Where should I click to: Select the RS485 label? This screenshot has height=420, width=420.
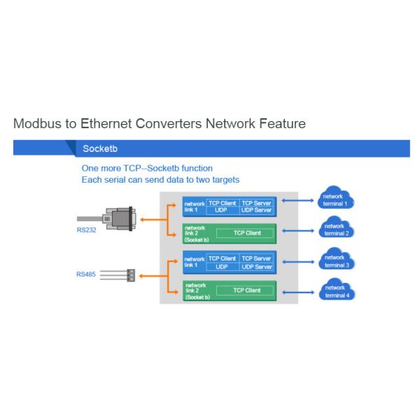[87, 274]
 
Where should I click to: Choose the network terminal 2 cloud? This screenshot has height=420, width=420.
[335, 229]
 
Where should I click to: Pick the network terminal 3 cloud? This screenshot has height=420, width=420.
[335, 262]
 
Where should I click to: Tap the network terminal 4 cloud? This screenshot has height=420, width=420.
[335, 290]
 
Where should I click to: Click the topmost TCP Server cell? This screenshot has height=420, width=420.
[256, 202]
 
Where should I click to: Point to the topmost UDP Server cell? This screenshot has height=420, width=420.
[256, 209]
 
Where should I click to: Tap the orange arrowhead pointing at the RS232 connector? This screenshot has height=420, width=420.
[142, 219]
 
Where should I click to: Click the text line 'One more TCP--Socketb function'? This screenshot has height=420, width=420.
[147, 169]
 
